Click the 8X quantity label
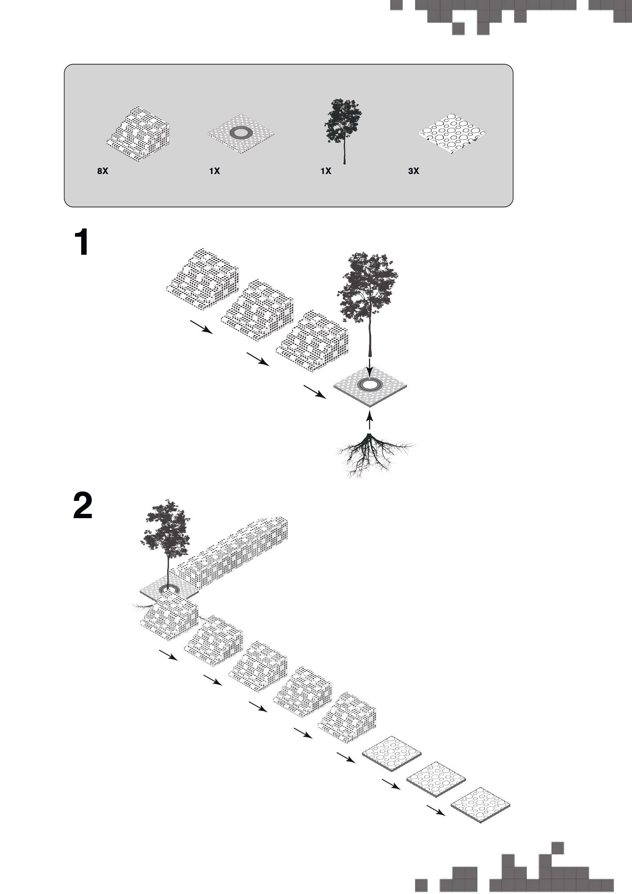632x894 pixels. (x=103, y=171)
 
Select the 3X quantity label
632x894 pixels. (x=414, y=171)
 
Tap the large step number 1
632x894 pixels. (x=82, y=243)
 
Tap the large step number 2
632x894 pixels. (x=83, y=506)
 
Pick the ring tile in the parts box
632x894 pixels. (x=241, y=133)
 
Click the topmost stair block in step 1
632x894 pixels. (x=202, y=279)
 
